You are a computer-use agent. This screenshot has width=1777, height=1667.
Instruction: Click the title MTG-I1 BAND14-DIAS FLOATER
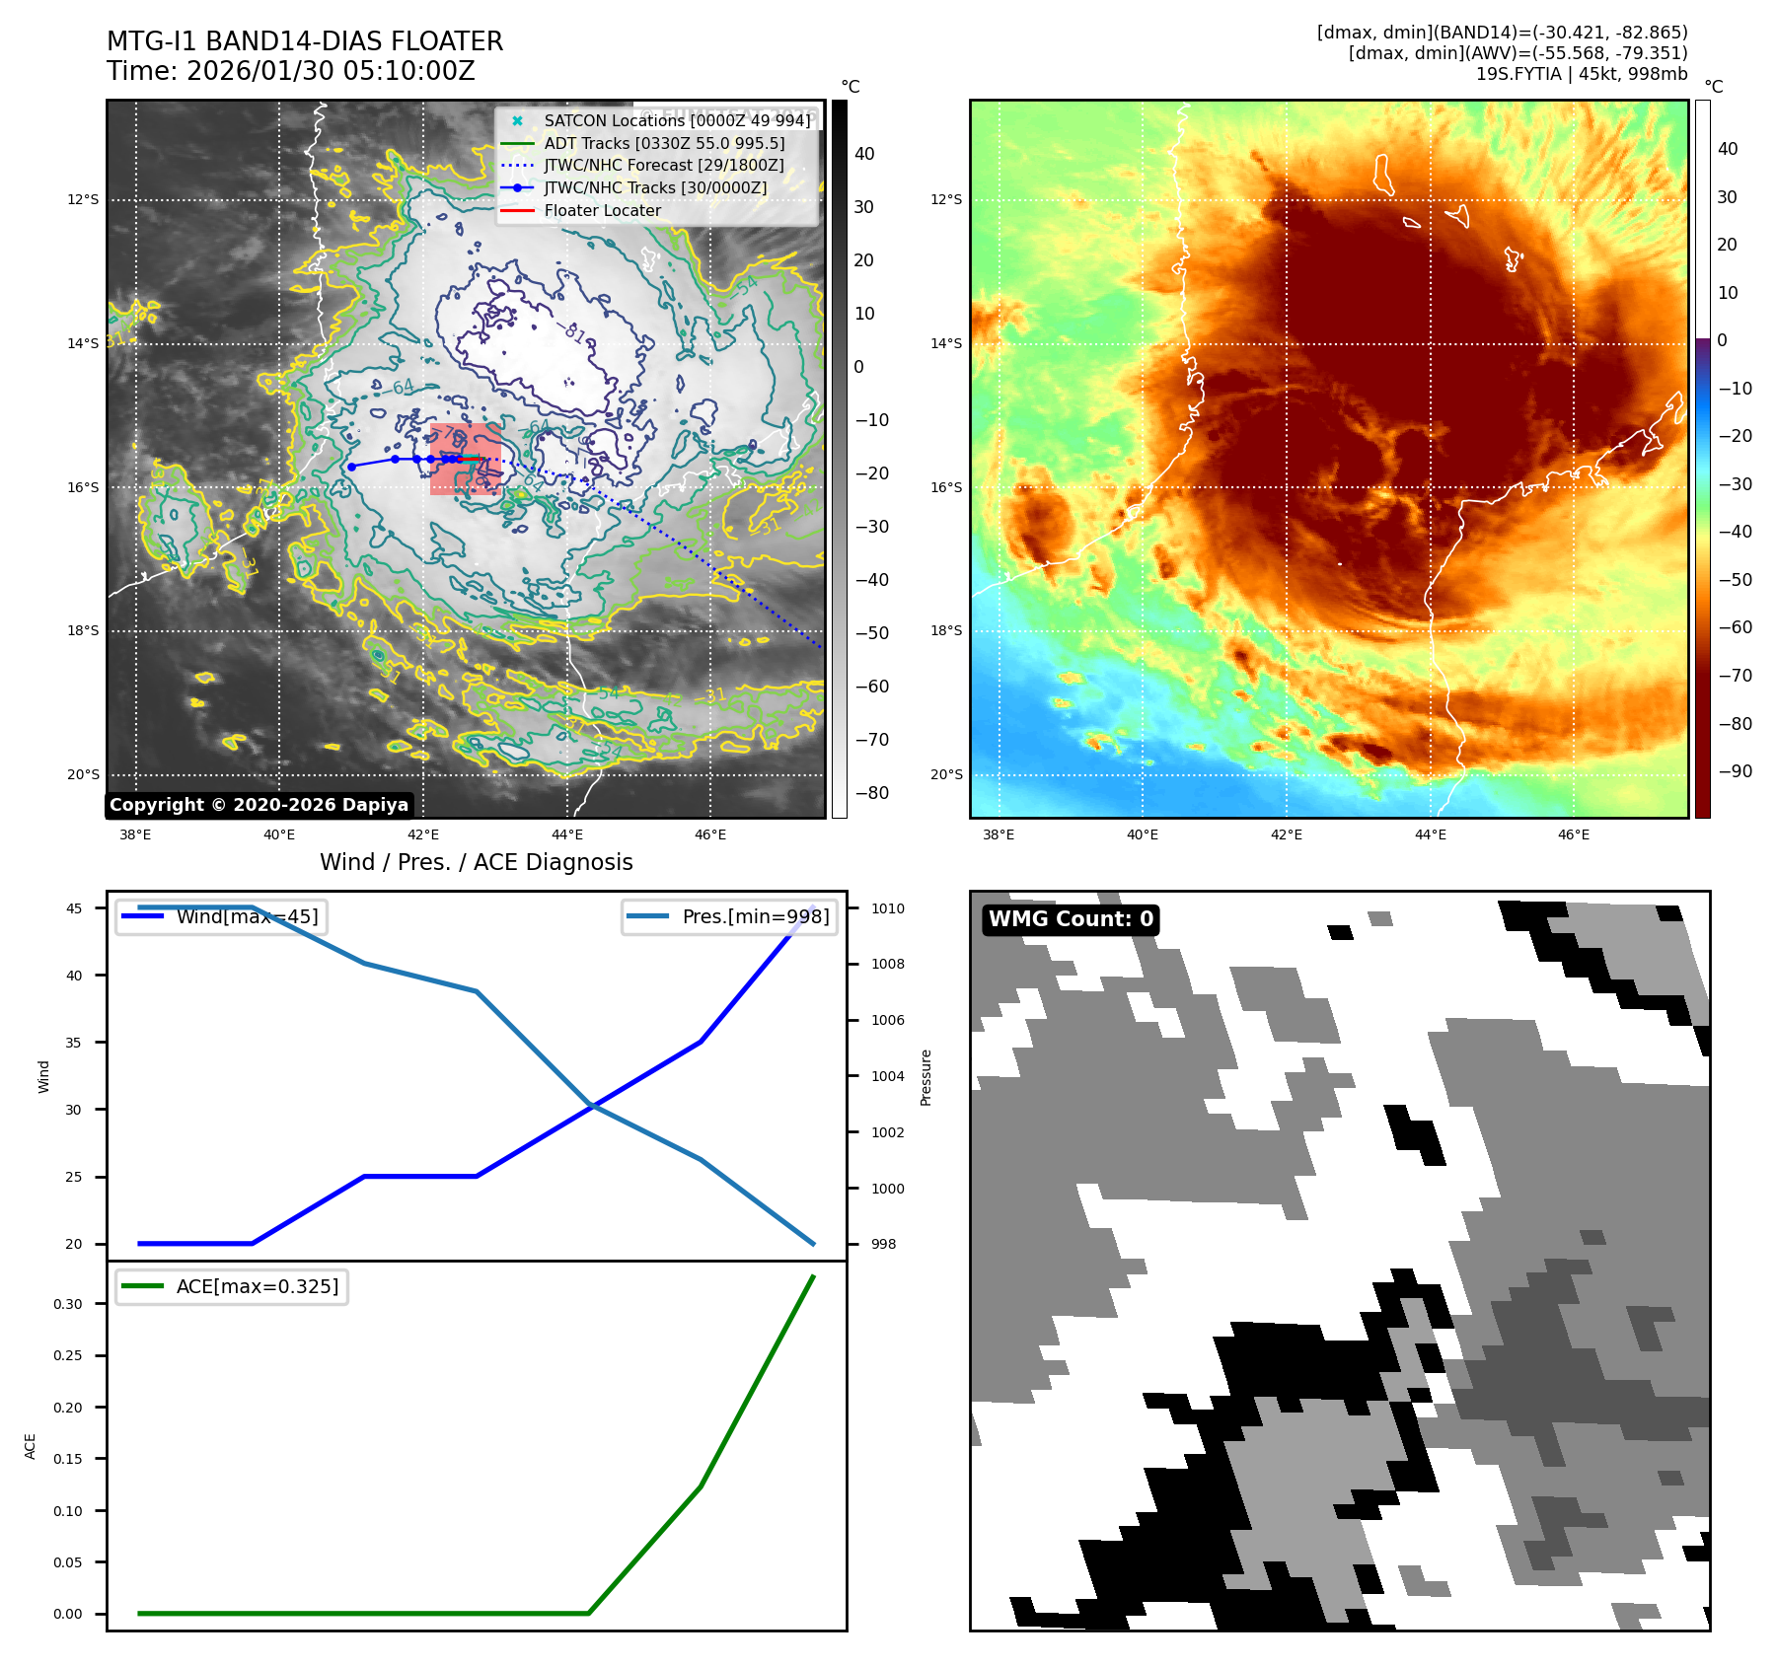(x=305, y=41)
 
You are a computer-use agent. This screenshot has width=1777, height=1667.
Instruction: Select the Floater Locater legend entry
(x=602, y=210)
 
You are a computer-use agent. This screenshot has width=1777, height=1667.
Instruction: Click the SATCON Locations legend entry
(x=677, y=120)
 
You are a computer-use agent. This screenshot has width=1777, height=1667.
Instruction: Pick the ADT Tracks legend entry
(x=664, y=143)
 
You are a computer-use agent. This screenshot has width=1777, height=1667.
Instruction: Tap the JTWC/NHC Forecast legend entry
(x=664, y=165)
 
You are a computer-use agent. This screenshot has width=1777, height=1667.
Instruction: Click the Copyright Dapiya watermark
(x=259, y=805)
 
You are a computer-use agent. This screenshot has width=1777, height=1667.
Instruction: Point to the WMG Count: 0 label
(x=1071, y=919)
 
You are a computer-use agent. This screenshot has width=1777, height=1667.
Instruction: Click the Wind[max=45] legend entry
(x=247, y=916)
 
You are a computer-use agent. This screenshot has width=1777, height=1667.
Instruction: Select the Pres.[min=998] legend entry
(x=756, y=916)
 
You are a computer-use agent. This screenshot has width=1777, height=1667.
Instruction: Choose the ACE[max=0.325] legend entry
(x=257, y=1286)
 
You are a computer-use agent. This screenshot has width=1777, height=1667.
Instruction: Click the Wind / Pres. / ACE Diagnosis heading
(x=476, y=862)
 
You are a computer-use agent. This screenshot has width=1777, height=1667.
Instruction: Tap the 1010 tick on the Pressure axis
(x=887, y=908)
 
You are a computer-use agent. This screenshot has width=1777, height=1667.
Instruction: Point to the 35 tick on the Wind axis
(x=74, y=1043)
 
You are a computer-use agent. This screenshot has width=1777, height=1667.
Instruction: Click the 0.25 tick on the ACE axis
(x=68, y=1355)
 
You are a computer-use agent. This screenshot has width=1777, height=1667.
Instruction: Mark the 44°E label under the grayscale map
(x=566, y=834)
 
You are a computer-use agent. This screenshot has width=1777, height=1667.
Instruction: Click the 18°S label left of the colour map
(x=945, y=630)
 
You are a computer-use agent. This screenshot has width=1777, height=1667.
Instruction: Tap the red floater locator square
(x=465, y=459)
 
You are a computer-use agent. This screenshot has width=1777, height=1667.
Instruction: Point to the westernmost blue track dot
(x=351, y=467)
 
